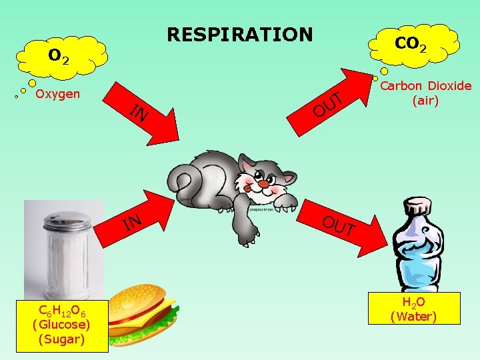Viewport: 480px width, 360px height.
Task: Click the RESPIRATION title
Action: click(x=239, y=34)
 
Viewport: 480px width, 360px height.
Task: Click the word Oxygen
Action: click(x=57, y=93)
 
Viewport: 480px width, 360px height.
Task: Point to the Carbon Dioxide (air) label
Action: click(x=425, y=93)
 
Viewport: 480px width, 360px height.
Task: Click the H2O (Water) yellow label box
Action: click(x=414, y=309)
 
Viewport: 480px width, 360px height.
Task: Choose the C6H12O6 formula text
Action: click(x=62, y=311)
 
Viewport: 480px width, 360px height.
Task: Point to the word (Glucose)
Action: click(x=62, y=325)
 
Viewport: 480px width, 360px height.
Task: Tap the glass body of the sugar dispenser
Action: click(x=65, y=263)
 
